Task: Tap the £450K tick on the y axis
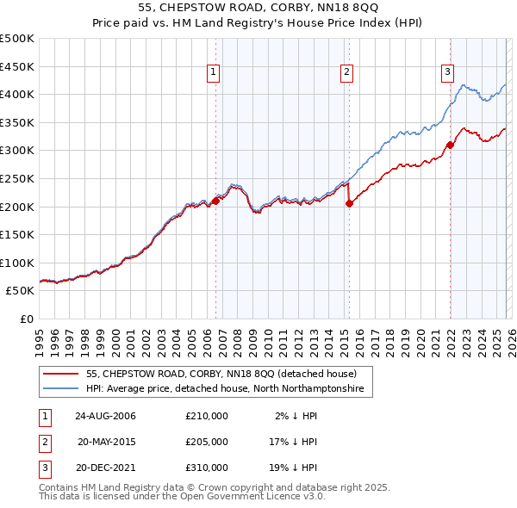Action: point(17,66)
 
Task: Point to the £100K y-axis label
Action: point(17,263)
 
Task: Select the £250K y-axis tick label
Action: point(17,178)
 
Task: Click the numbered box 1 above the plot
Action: point(213,73)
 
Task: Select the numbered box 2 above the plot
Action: point(346,73)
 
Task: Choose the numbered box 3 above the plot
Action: point(448,73)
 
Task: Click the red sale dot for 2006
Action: point(215,201)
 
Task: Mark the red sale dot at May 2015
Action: point(349,203)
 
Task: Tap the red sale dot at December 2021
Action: point(450,145)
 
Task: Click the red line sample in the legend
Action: point(61,375)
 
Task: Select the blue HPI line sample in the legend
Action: point(61,389)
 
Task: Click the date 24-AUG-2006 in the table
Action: point(105,416)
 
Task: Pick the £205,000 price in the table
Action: point(207,442)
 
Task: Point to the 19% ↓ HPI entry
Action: point(293,468)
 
